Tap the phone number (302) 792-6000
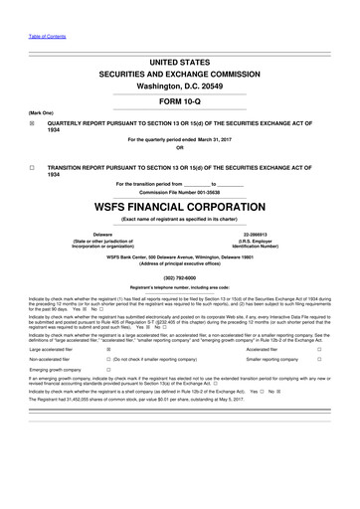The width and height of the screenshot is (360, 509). click(x=180, y=277)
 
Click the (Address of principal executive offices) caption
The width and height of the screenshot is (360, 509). click(x=180, y=263)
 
